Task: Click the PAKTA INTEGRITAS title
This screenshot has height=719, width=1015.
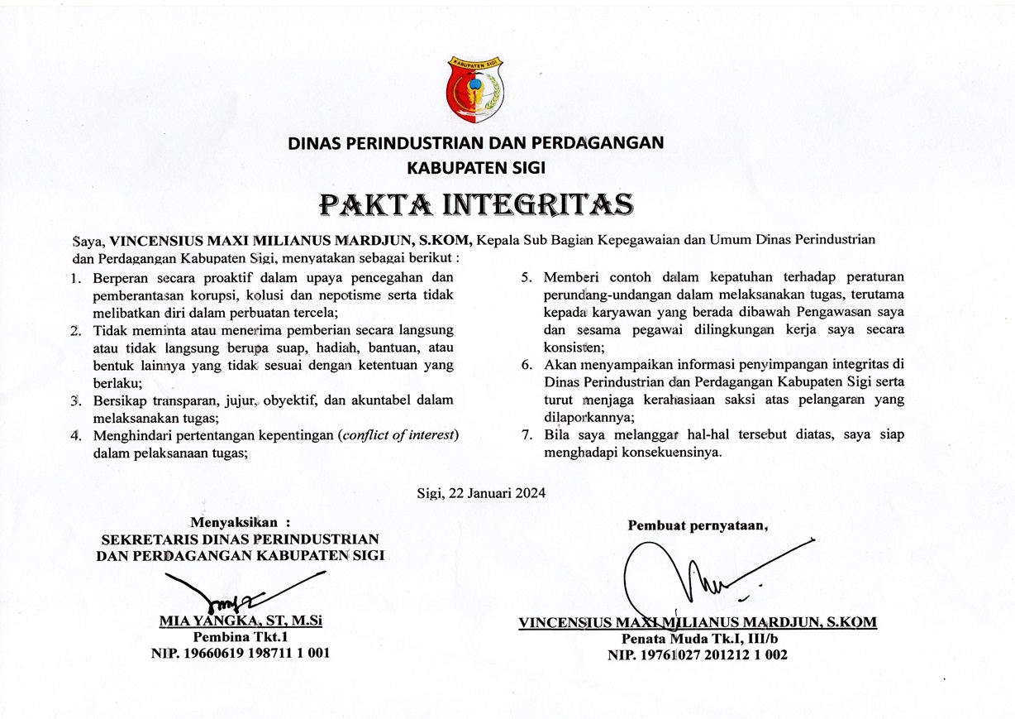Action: click(x=476, y=203)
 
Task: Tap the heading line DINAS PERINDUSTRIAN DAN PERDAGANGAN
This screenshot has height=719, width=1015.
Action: click(x=475, y=142)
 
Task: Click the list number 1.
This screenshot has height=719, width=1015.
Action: click(x=76, y=278)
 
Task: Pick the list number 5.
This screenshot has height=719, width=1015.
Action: click(x=527, y=276)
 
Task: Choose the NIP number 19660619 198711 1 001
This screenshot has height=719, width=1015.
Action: click(x=241, y=653)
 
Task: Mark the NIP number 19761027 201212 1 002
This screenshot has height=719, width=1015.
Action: click(x=698, y=654)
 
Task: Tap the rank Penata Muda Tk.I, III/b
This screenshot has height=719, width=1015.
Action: click(x=698, y=639)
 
